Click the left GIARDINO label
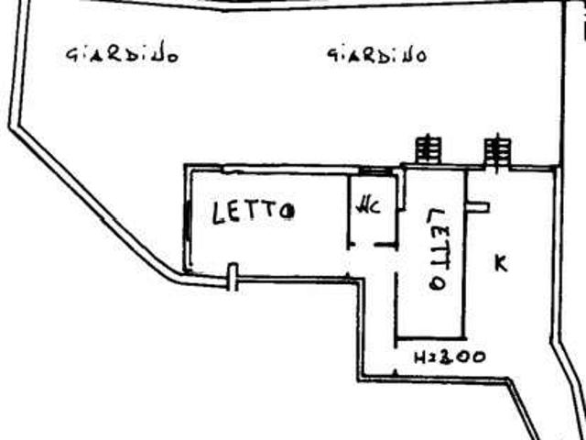tap(122, 55)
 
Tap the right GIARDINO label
tap(377, 55)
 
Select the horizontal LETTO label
tap(253, 213)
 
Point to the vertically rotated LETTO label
tap(437, 248)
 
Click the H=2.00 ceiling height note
tap(450, 357)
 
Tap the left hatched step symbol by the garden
tap(429, 149)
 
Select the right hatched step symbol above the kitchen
tap(497, 149)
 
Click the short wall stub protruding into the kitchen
tap(478, 207)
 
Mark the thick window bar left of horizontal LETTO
tap(187, 222)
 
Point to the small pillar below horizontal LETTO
tap(233, 277)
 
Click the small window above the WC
tap(374, 171)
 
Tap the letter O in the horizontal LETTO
tap(287, 213)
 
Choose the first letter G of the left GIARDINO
tap(71, 54)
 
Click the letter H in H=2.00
tap(420, 358)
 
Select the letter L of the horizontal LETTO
tap(218, 214)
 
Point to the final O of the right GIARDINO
tap(420, 57)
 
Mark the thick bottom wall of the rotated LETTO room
tap(431, 338)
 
